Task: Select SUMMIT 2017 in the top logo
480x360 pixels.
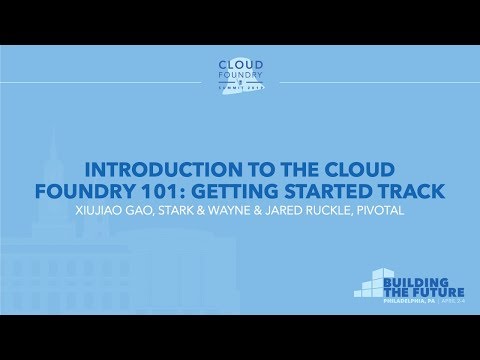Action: point(240,90)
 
